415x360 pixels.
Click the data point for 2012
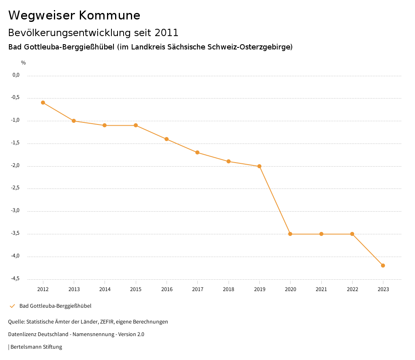[x=43, y=103]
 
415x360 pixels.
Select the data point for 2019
[x=259, y=166]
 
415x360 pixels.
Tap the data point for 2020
[x=290, y=234]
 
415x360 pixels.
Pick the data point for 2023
[x=383, y=266]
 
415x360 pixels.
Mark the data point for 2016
[x=167, y=139]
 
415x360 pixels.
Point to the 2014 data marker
[x=105, y=125]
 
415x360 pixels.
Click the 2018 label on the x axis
[x=229, y=289]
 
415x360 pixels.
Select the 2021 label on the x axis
[x=321, y=289]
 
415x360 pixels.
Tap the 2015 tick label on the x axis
[x=136, y=289]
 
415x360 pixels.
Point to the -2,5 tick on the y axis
[x=16, y=188]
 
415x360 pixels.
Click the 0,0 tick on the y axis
[x=16, y=75]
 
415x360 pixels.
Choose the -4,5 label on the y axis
[x=16, y=279]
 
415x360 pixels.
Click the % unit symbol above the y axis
[x=24, y=63]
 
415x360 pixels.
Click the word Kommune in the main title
[x=109, y=15]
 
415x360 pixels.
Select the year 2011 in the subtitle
[x=166, y=32]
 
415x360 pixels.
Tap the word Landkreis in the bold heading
[x=148, y=47]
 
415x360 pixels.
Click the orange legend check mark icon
[x=12, y=306]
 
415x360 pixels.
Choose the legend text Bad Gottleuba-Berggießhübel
[x=55, y=306]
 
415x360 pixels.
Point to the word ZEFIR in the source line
[x=106, y=322]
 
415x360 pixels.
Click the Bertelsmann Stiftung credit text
[x=36, y=347]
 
